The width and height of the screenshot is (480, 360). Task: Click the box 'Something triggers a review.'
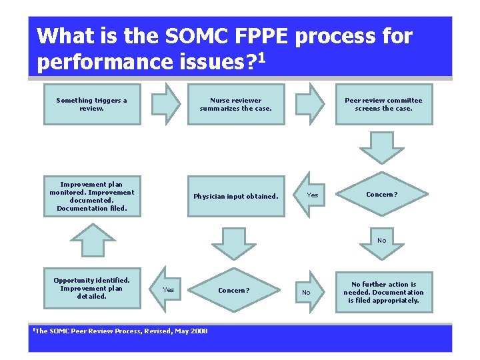(92, 105)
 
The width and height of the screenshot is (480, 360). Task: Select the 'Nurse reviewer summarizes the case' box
(236, 105)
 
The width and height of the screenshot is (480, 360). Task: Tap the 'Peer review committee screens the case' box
(383, 105)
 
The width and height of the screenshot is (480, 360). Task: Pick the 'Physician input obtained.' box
(236, 196)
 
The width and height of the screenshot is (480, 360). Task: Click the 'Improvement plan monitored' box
(92, 196)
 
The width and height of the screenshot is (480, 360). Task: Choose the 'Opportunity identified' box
(92, 288)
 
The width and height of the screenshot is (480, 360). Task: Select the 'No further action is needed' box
(383, 292)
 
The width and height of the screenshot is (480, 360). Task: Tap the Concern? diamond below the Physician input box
(234, 290)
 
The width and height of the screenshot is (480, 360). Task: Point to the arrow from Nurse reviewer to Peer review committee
(309, 105)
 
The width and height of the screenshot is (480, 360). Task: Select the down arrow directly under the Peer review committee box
(382, 147)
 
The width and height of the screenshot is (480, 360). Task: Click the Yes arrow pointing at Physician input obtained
(309, 195)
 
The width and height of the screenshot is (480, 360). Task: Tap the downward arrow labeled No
(382, 243)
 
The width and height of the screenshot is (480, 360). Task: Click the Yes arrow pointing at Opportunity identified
(165, 289)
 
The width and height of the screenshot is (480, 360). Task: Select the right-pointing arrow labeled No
(307, 291)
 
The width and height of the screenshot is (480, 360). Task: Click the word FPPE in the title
(255, 36)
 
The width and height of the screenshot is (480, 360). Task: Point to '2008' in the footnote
(197, 331)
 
